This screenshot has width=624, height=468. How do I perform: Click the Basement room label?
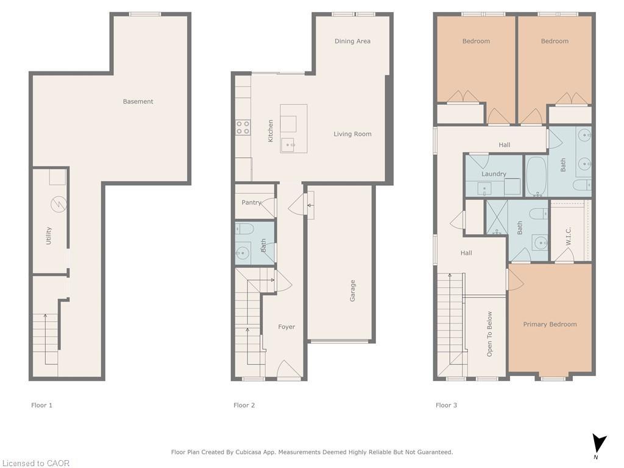[x=138, y=102]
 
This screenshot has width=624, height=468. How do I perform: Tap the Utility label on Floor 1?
[x=49, y=236]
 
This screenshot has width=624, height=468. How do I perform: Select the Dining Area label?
[x=352, y=41]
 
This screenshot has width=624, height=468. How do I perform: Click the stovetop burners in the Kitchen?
[x=243, y=127]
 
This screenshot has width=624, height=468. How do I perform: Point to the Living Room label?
[x=352, y=134]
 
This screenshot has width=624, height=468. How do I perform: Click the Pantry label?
[x=251, y=203]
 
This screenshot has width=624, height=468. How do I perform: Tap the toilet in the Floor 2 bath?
[x=244, y=229]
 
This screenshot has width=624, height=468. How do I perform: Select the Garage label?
[x=352, y=291]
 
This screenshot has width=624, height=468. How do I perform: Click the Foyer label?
[x=286, y=327]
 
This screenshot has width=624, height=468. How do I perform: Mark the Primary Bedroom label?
[x=550, y=325]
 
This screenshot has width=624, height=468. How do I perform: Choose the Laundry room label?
[x=494, y=174]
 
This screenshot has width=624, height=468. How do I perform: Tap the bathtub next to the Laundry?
[x=536, y=177]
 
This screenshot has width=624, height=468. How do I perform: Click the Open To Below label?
[x=489, y=334]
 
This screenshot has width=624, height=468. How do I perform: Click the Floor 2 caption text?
[x=244, y=405]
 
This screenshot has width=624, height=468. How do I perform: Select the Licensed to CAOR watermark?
[x=35, y=463]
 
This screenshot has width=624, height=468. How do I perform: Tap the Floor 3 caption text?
[x=446, y=405]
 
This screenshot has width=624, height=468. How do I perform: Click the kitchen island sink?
[x=288, y=145]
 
